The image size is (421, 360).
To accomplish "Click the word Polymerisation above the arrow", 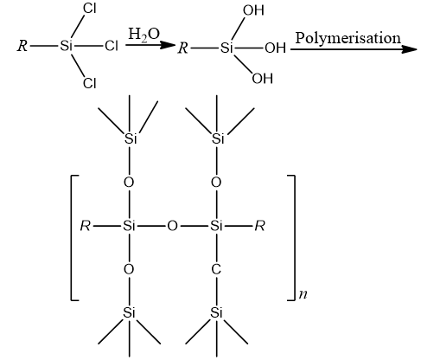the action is tap(348, 39).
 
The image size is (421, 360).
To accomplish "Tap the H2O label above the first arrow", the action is tap(144, 35).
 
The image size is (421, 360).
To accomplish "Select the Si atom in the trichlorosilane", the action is tap(66, 46).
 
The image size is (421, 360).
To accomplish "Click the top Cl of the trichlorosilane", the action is tap(90, 9).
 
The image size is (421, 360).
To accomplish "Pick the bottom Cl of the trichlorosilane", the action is tap(90, 83).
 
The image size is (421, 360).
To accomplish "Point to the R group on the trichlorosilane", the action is tap(22, 46).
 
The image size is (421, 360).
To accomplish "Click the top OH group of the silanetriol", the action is tap(253, 10).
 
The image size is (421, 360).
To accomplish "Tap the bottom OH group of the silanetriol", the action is tap(262, 79).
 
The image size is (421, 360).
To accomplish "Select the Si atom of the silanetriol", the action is tap(226, 48).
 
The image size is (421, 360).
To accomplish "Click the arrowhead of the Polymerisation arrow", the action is tap(410, 49).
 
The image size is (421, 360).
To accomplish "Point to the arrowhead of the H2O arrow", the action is tap(168, 45).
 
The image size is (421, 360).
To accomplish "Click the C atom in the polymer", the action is tap(216, 269).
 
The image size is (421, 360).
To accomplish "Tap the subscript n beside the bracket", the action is tap(303, 294).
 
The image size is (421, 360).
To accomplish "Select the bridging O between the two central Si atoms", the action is tap(172, 226).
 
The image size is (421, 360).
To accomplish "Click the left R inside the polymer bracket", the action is tap(86, 226).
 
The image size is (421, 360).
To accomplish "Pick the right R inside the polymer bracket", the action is tap(259, 226).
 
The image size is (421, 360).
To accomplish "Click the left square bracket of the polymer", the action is tap(72, 238).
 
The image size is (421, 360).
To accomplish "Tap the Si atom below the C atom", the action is tap(216, 312).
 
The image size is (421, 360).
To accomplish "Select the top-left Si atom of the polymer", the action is tap(131, 138).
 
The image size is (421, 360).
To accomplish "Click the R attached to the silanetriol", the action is tap(183, 48).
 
